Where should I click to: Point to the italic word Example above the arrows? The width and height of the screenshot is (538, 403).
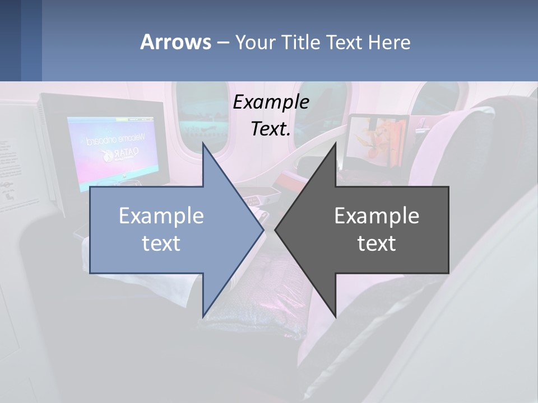pyautogui.click(x=271, y=102)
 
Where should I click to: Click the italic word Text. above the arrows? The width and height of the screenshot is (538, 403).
pyautogui.click(x=271, y=129)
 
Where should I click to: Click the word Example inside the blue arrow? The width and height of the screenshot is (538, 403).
pyautogui.click(x=161, y=216)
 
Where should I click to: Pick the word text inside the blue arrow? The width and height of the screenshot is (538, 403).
pyautogui.click(x=161, y=243)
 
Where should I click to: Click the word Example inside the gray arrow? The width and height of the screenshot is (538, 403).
pyautogui.click(x=377, y=216)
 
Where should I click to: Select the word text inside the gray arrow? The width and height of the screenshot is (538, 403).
pyautogui.click(x=377, y=243)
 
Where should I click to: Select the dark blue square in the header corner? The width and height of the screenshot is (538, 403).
pyautogui.click(x=10, y=40)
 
